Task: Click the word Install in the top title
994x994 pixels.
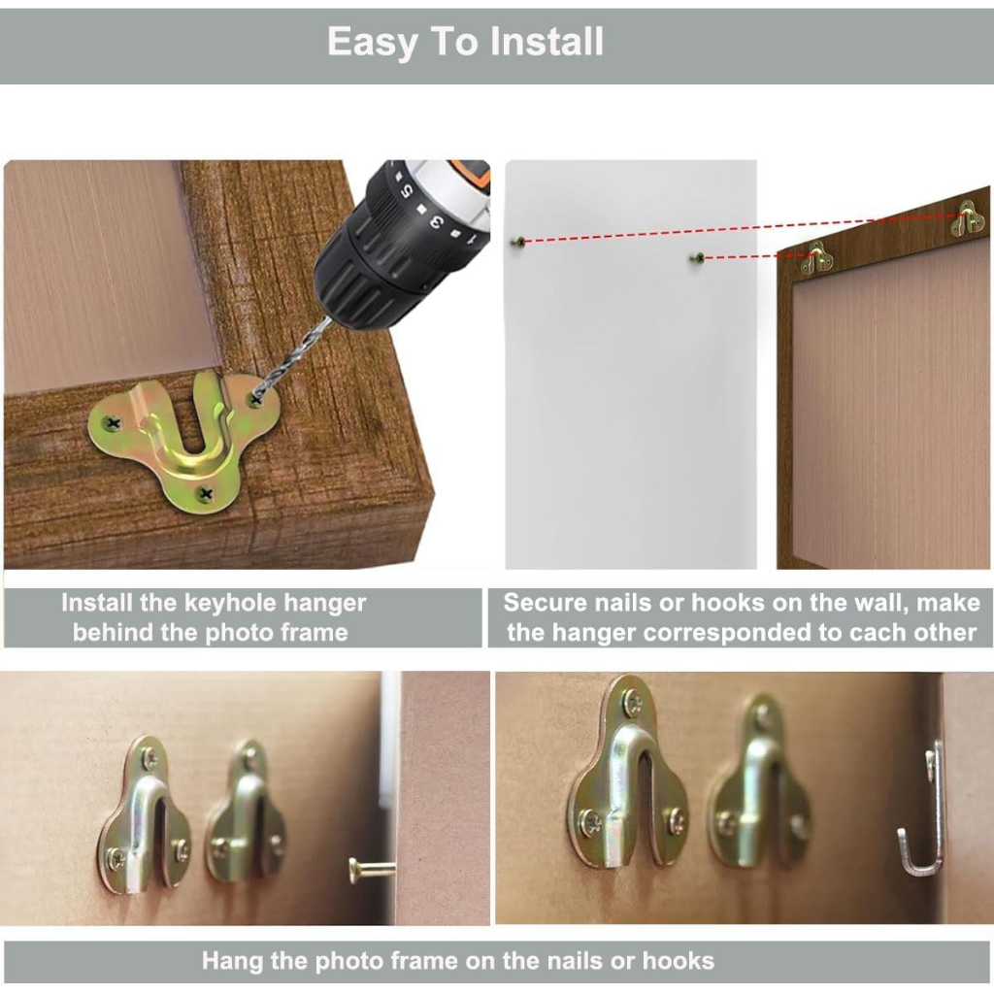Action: (547, 42)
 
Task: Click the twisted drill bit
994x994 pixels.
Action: (293, 357)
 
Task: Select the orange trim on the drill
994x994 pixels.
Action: (471, 173)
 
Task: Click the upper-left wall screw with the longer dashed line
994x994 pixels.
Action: (519, 242)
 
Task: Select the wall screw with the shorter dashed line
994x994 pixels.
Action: (697, 258)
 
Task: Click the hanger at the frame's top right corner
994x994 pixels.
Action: (968, 218)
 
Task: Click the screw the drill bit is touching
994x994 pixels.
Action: (255, 399)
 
